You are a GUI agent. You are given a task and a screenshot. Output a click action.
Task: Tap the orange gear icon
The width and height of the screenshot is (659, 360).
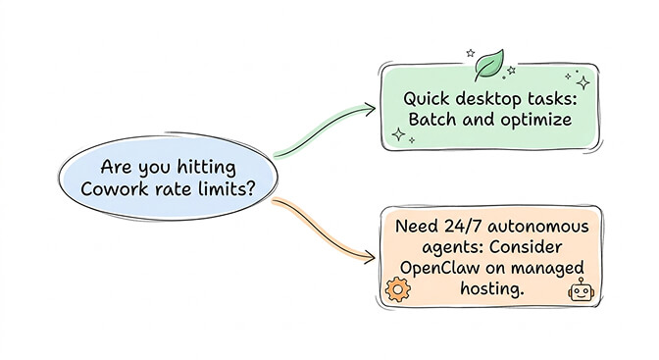(x=397, y=289)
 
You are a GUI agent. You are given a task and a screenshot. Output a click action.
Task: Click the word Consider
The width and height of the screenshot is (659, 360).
(x=532, y=247)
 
